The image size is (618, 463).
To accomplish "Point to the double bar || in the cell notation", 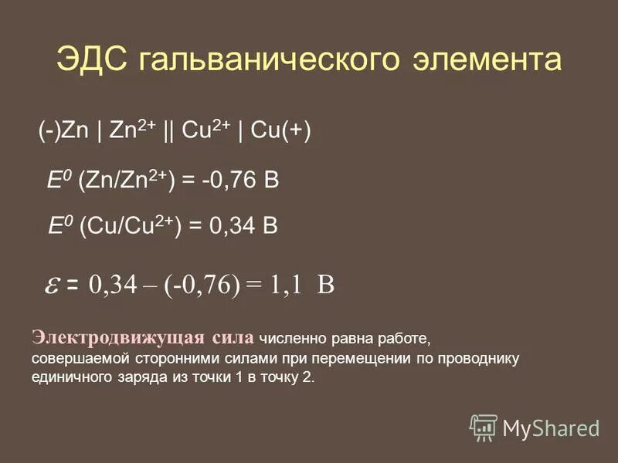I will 168,130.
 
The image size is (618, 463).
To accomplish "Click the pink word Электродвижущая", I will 117,337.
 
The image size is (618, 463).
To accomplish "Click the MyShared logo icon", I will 484,427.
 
